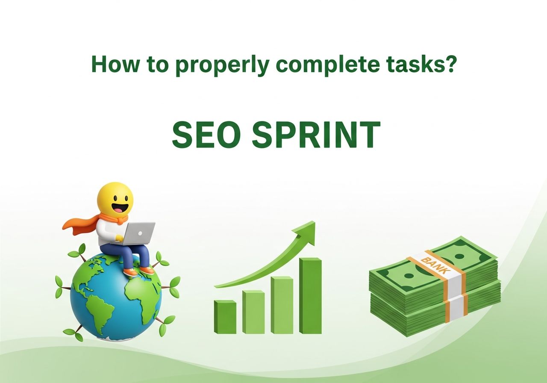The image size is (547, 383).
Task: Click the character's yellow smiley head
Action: coord(115,199)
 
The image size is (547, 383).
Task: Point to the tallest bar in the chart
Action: coord(310,295)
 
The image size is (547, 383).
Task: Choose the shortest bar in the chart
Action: coord(225,317)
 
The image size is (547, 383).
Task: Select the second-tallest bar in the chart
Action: coord(282,305)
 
